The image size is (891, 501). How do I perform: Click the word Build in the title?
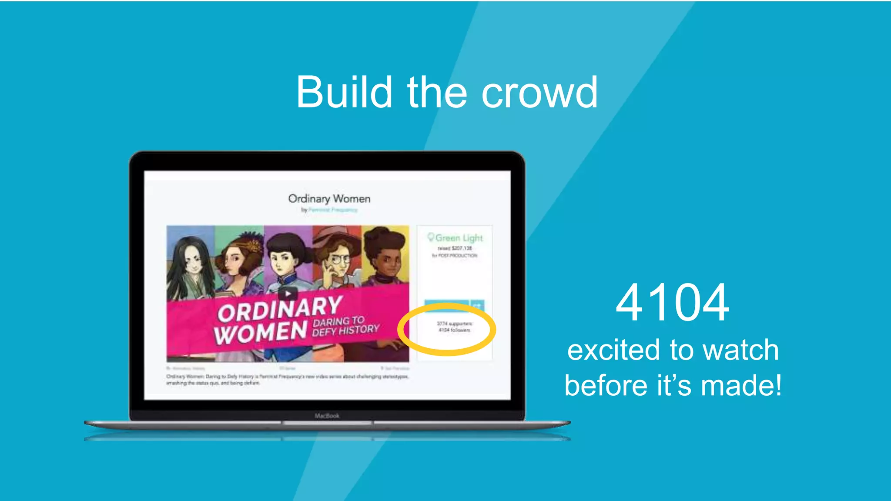pos(344,92)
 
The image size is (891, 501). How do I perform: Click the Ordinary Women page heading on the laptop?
pos(329,199)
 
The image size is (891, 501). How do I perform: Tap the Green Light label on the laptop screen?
pos(455,238)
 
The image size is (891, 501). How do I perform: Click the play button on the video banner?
pos(288,293)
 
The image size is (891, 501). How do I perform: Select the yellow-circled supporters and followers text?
pos(454,327)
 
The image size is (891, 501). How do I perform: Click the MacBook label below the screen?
pos(327,416)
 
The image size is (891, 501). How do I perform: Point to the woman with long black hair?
pos(191,265)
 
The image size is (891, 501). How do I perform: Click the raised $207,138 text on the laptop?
pos(455,248)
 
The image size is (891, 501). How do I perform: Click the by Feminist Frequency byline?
pos(329,210)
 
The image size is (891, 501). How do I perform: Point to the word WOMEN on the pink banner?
pos(260,333)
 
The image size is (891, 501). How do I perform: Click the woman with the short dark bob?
pos(285,257)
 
